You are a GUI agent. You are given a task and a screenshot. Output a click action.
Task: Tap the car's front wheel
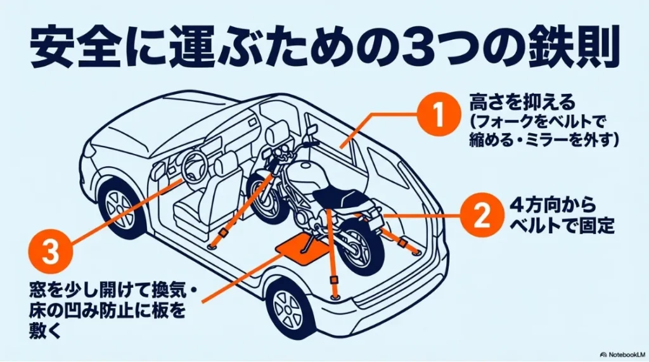120,205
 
